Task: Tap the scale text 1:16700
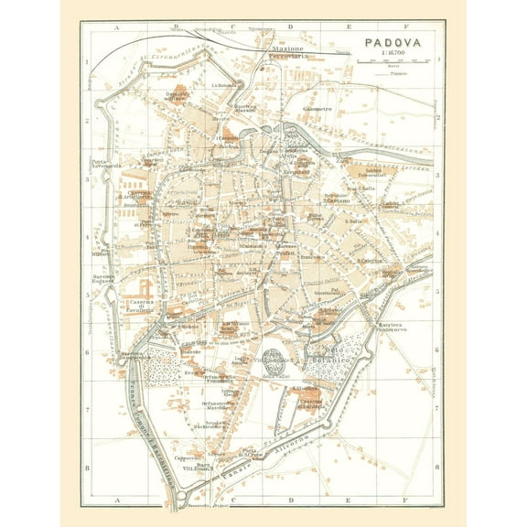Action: point(395,54)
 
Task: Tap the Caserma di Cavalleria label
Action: point(140,307)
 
